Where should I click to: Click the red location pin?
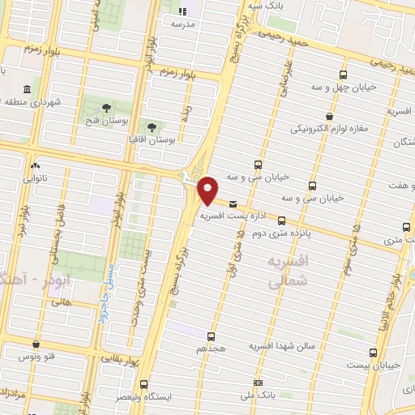pos(208,190)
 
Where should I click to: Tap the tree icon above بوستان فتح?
pos(106,107)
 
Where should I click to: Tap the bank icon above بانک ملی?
pos(258,383)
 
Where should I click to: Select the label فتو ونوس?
pos(40,356)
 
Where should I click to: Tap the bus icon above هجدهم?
pos(212,336)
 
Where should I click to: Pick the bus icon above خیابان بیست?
pos(372,353)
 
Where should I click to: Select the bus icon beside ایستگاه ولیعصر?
pos(143,384)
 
